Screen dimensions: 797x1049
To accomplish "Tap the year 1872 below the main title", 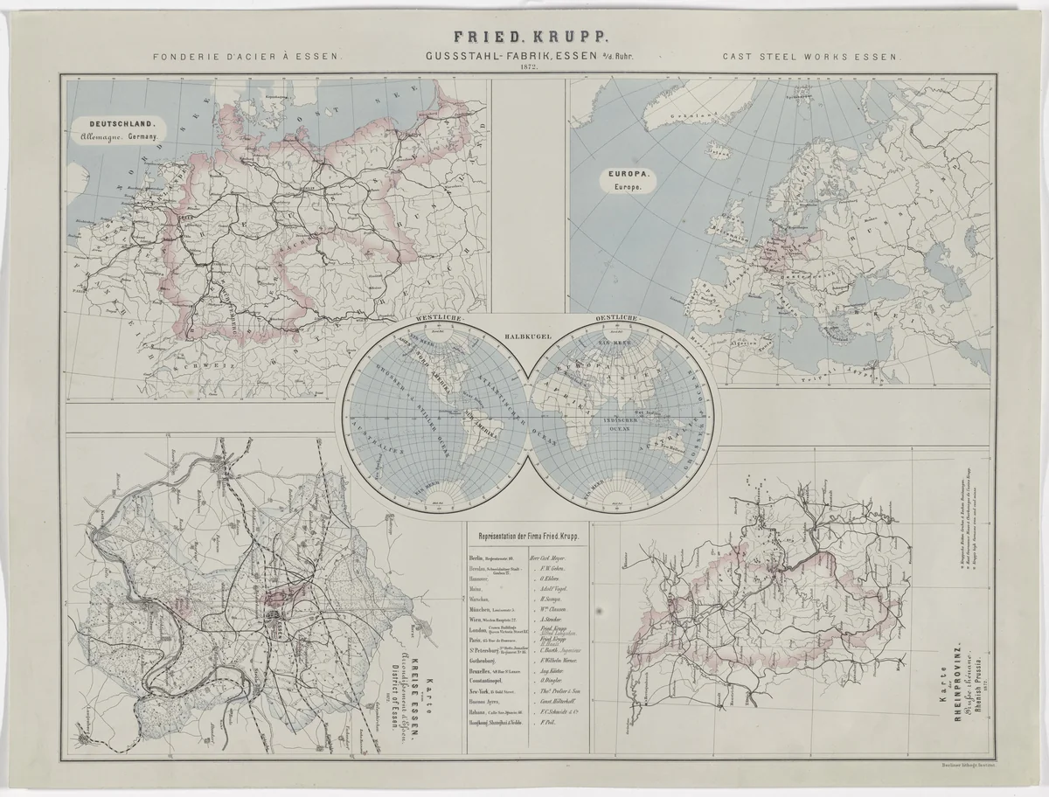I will [528, 67].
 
